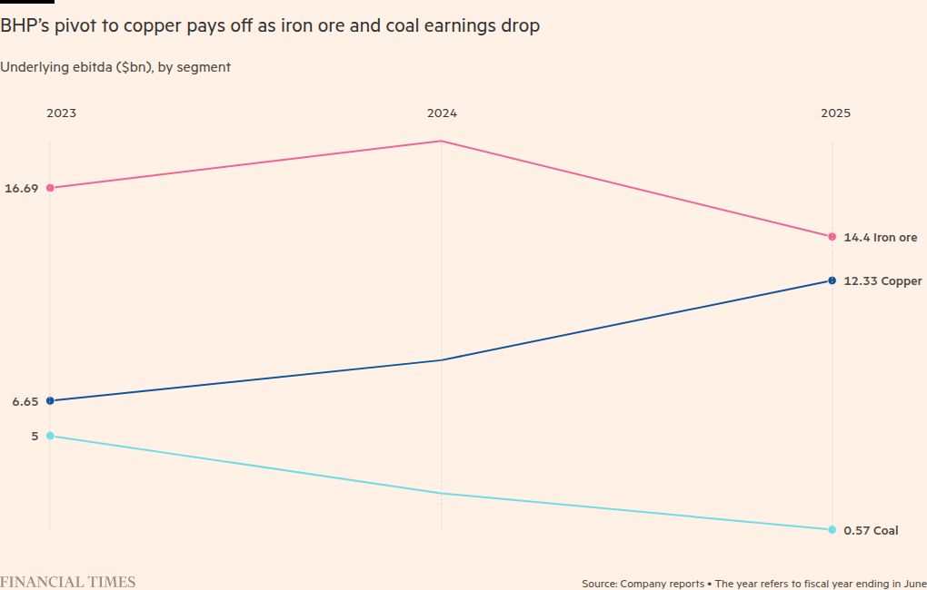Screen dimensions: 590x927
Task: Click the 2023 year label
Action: point(62,113)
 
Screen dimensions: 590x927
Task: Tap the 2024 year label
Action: point(442,113)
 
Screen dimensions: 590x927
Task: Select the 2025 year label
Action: point(835,113)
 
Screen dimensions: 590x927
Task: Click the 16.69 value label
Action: point(21,188)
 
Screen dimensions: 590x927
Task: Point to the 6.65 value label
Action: point(25,401)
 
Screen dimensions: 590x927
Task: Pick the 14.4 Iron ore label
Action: point(880,237)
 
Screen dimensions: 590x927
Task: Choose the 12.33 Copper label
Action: point(882,281)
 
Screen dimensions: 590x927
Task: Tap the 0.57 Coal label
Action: point(871,530)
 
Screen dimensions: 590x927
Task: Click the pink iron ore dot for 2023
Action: point(50,188)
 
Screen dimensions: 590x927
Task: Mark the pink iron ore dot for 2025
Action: point(832,237)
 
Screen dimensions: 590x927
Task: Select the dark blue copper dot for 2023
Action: point(50,400)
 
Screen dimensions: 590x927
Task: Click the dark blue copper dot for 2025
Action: point(832,280)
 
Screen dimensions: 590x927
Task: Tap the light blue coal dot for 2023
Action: point(50,436)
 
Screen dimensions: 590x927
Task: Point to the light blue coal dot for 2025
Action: point(832,529)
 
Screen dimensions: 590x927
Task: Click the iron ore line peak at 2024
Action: point(441,141)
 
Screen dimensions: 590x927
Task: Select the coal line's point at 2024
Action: point(441,494)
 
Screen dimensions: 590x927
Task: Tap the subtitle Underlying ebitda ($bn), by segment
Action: point(115,67)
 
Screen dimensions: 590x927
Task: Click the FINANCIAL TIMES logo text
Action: point(67,582)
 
